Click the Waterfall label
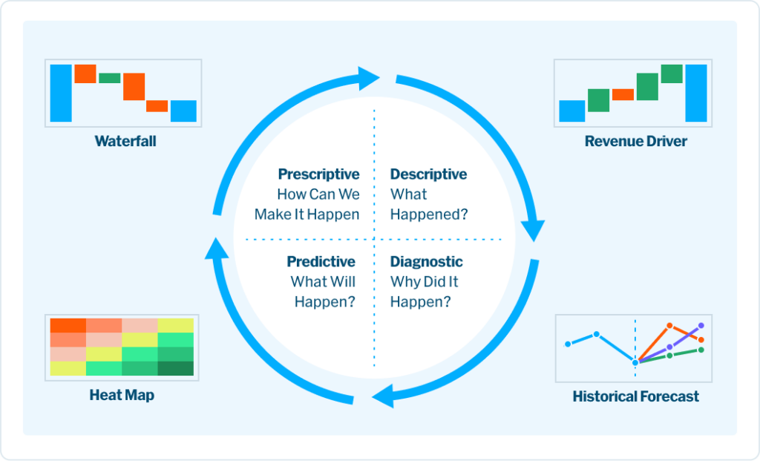point(125,141)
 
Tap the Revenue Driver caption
point(635,141)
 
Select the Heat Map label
point(122,395)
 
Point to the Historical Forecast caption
point(635,396)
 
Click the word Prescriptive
point(318,174)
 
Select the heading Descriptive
point(428,174)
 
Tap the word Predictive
point(321,262)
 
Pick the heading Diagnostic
point(426,262)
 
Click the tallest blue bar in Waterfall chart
point(61,93)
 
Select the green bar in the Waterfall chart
point(110,78)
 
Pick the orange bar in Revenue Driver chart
point(623,94)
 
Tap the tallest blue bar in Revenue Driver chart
point(696,93)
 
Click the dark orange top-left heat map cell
point(68,325)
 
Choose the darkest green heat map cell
point(175,368)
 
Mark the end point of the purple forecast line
point(701,326)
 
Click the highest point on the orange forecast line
point(669,325)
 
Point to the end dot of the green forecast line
point(701,350)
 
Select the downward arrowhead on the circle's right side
point(535,228)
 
